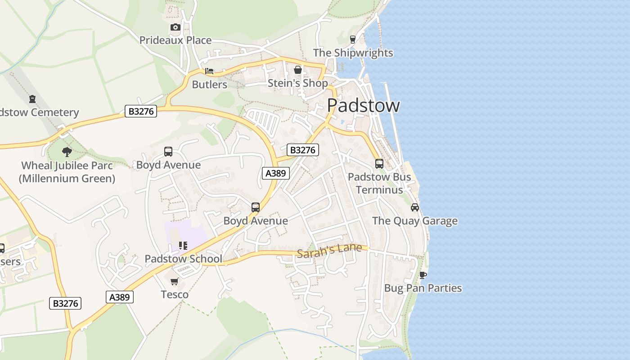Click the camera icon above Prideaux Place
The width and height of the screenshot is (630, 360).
[175, 27]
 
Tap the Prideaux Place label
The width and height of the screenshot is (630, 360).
[175, 40]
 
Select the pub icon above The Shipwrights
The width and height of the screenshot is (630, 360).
[353, 40]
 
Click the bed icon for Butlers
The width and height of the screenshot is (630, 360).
[209, 71]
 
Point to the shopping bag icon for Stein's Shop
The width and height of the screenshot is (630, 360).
[297, 70]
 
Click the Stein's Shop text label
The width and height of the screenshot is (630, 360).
[297, 83]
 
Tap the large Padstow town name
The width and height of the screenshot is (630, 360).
[363, 105]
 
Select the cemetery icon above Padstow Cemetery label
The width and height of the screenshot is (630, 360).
[32, 99]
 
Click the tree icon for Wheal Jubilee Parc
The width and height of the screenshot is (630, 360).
[67, 152]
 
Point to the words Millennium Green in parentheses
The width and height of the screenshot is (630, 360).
[67, 179]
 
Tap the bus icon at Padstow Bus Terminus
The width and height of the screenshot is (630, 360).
[379, 164]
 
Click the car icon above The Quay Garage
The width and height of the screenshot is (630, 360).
[414, 207]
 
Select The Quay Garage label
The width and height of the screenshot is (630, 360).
[414, 221]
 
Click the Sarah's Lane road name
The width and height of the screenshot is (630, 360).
[329, 251]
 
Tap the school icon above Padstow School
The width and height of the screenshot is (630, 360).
[183, 246]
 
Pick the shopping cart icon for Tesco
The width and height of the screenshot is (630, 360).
[175, 282]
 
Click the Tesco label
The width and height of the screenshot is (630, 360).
[175, 295]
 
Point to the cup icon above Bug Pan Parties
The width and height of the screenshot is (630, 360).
[423, 275]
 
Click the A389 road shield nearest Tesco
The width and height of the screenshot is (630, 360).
[120, 297]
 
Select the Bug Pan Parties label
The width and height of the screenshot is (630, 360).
[423, 288]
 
